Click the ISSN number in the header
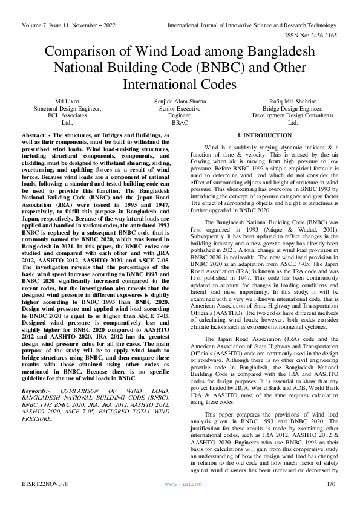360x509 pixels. click(x=315, y=36)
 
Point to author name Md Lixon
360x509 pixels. click(x=67, y=101)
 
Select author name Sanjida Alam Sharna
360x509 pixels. click(x=180, y=101)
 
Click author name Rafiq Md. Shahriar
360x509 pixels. click(x=293, y=101)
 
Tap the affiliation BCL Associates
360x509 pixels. click(x=67, y=115)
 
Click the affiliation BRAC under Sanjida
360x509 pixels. click(x=180, y=122)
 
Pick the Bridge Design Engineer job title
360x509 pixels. click(x=293, y=108)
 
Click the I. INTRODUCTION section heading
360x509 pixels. click(x=264, y=135)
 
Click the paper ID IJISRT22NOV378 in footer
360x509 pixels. click(x=46, y=484)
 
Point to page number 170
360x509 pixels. click(x=330, y=484)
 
